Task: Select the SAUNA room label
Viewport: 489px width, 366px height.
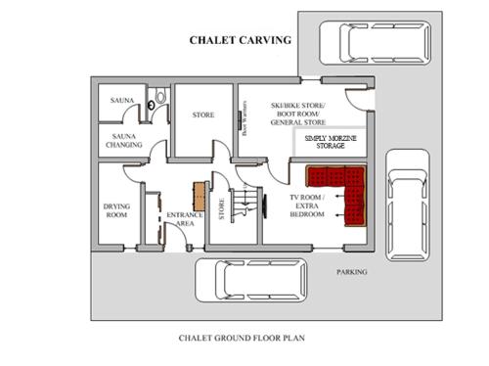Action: pyautogui.click(x=122, y=99)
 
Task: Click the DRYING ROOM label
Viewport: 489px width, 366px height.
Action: pyautogui.click(x=117, y=210)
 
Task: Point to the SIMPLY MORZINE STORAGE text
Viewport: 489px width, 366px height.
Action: pyautogui.click(x=331, y=143)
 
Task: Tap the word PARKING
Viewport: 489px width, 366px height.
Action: pyautogui.click(x=352, y=271)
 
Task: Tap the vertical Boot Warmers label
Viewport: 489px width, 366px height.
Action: pyautogui.click(x=244, y=120)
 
